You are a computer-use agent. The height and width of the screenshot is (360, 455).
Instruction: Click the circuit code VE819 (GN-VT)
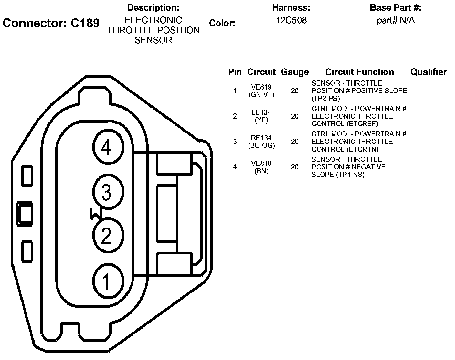tap(261, 91)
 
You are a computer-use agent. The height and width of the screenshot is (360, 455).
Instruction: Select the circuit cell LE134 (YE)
tap(261, 116)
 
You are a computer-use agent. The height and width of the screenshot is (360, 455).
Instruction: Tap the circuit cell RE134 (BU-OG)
tap(261, 142)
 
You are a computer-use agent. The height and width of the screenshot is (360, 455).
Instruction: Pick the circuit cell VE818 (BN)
tap(261, 167)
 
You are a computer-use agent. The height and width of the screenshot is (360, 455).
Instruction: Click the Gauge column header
tap(295, 72)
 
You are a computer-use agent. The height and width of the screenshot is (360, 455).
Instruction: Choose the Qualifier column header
tap(429, 72)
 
